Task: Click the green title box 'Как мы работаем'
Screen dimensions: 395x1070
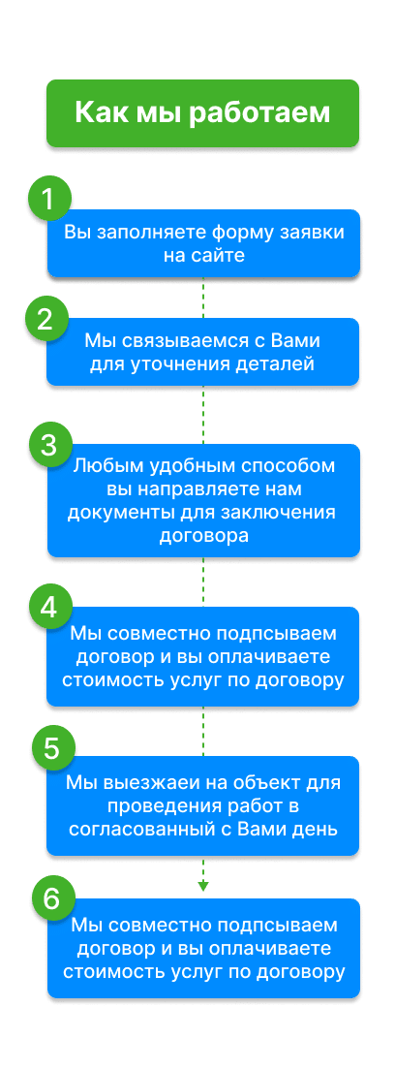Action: coord(202,113)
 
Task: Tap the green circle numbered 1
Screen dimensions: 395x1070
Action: coord(48,199)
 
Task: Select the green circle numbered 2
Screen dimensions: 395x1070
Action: coord(46,320)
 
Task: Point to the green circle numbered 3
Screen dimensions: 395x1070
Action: coord(49,445)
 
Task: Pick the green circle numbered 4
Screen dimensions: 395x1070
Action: coord(49,608)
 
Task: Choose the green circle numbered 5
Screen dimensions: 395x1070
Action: coord(52,748)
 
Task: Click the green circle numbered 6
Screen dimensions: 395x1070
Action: coord(52,898)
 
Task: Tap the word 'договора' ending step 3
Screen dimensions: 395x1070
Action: coord(203,536)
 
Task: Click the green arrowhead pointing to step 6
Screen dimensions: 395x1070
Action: coord(202,887)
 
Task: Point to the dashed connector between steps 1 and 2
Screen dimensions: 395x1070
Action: coord(202,298)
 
